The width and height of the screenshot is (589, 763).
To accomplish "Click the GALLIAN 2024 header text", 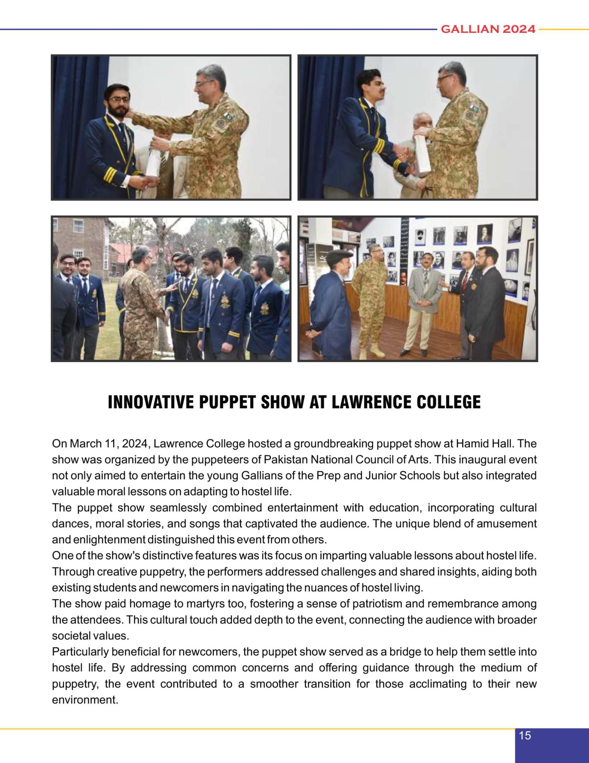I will pyautogui.click(x=488, y=29).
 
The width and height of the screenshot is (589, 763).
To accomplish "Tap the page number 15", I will pyautogui.click(x=525, y=735).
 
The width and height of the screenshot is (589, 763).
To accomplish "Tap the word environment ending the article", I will pyautogui.click(x=85, y=700).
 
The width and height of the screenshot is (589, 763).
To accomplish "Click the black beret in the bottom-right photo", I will pyautogui.click(x=340, y=255).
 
